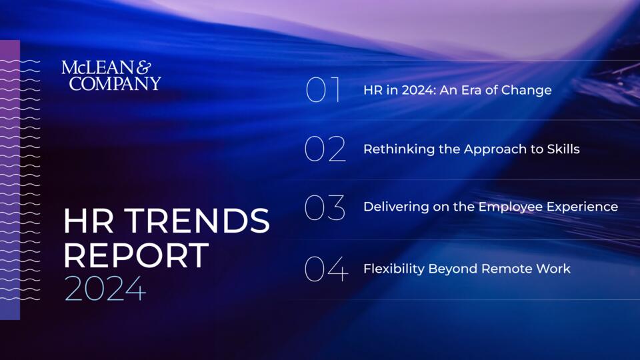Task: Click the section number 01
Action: coord(323,89)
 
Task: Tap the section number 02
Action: coord(325,149)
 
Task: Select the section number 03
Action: coord(325,207)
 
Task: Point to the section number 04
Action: coord(326,269)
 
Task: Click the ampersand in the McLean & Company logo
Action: coord(143,68)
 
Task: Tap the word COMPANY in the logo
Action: coord(115,83)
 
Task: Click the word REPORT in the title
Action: coord(136,255)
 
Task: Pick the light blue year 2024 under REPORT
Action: coord(105,289)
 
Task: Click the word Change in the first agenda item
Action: coord(526,90)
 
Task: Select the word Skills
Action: coord(563,149)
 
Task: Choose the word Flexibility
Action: coord(394,269)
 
